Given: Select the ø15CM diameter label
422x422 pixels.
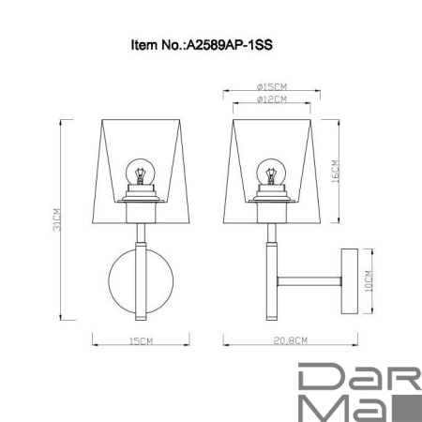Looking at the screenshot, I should [x=270, y=85].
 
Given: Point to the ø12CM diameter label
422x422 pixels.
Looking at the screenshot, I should [x=270, y=99].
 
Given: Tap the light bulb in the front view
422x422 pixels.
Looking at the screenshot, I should [x=139, y=173].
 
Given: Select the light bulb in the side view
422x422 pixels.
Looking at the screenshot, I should [x=270, y=173].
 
